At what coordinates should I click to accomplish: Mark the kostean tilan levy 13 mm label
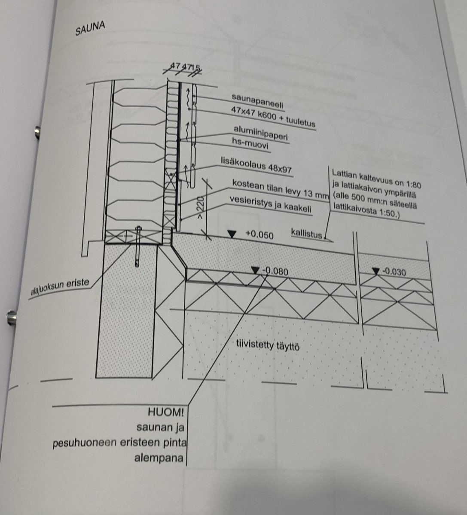279,189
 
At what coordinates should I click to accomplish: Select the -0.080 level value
275,271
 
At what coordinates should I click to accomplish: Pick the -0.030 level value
394,272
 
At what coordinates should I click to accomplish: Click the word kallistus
306,233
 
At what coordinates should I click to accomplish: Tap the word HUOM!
165,413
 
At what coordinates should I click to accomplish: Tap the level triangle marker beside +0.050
232,234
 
